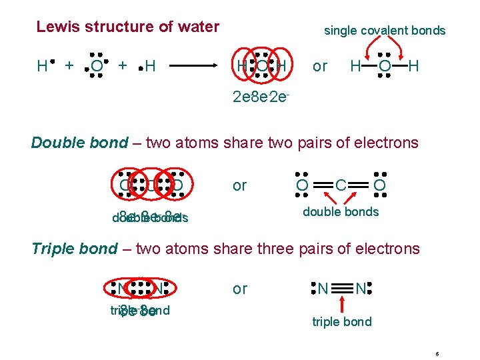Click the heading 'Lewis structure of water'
127,27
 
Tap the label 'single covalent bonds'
385,31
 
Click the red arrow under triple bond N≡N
341,304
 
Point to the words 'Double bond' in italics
79,143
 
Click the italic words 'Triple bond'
75,249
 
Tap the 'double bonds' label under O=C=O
341,212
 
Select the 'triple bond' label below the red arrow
341,322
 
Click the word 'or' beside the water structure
320,67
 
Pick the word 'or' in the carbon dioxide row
239,185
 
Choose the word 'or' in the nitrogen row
239,289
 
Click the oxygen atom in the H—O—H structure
384,66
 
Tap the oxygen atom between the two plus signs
97,66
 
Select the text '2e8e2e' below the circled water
261,97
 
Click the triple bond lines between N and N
341,289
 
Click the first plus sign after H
69,65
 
